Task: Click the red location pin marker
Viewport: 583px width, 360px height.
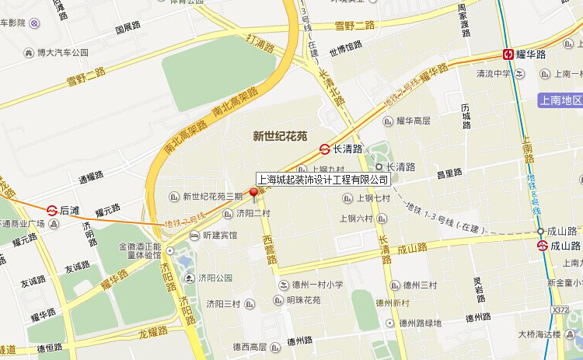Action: [253, 194]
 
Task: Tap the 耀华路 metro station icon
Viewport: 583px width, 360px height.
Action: [508, 54]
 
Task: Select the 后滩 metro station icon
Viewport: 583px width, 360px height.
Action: [52, 210]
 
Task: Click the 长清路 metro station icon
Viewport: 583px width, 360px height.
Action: [324, 149]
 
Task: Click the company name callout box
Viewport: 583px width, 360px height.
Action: [323, 180]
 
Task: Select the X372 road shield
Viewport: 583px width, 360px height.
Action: [560, 310]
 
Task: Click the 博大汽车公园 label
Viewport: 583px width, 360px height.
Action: [63, 53]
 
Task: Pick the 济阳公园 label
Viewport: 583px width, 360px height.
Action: [215, 278]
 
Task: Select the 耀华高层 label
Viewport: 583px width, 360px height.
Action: [413, 121]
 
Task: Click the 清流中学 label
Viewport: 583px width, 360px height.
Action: [493, 74]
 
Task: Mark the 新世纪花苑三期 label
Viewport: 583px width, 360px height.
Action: [212, 197]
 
